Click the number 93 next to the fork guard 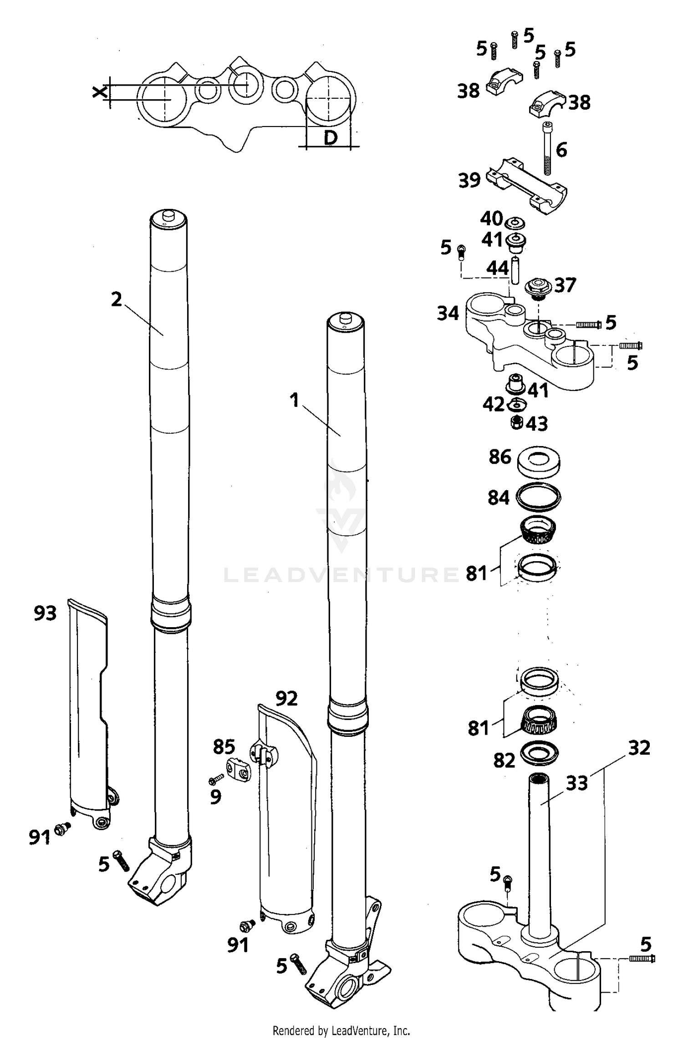[x=45, y=613]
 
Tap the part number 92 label [x=286, y=698]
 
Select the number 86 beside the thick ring [x=500, y=457]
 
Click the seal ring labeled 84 [x=538, y=497]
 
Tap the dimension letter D [x=330, y=137]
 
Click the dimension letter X [x=99, y=92]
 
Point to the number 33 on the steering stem [x=576, y=783]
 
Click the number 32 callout [x=639, y=748]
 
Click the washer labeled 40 [x=515, y=223]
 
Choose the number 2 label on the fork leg [x=117, y=299]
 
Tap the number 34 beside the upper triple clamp [x=448, y=313]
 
